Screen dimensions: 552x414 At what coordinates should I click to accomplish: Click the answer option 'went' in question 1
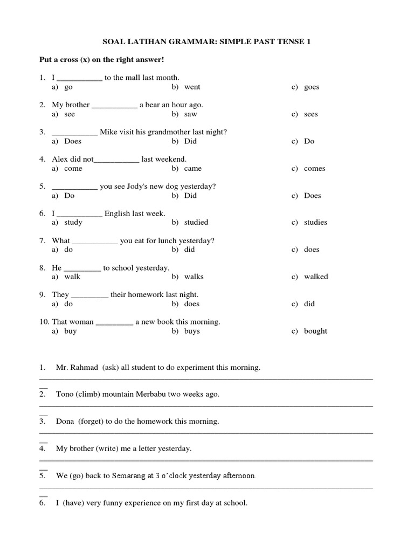click(192, 87)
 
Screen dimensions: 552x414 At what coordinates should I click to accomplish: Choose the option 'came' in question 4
click(193, 169)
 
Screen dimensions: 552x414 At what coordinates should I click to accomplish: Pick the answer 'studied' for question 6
click(196, 222)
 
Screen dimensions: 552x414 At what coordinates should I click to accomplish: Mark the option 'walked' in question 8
click(316, 277)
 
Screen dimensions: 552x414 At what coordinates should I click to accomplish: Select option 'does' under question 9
click(192, 304)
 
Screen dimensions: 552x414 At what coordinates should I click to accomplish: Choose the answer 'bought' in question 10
click(315, 331)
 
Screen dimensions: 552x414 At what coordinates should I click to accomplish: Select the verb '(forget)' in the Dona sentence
click(91, 422)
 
